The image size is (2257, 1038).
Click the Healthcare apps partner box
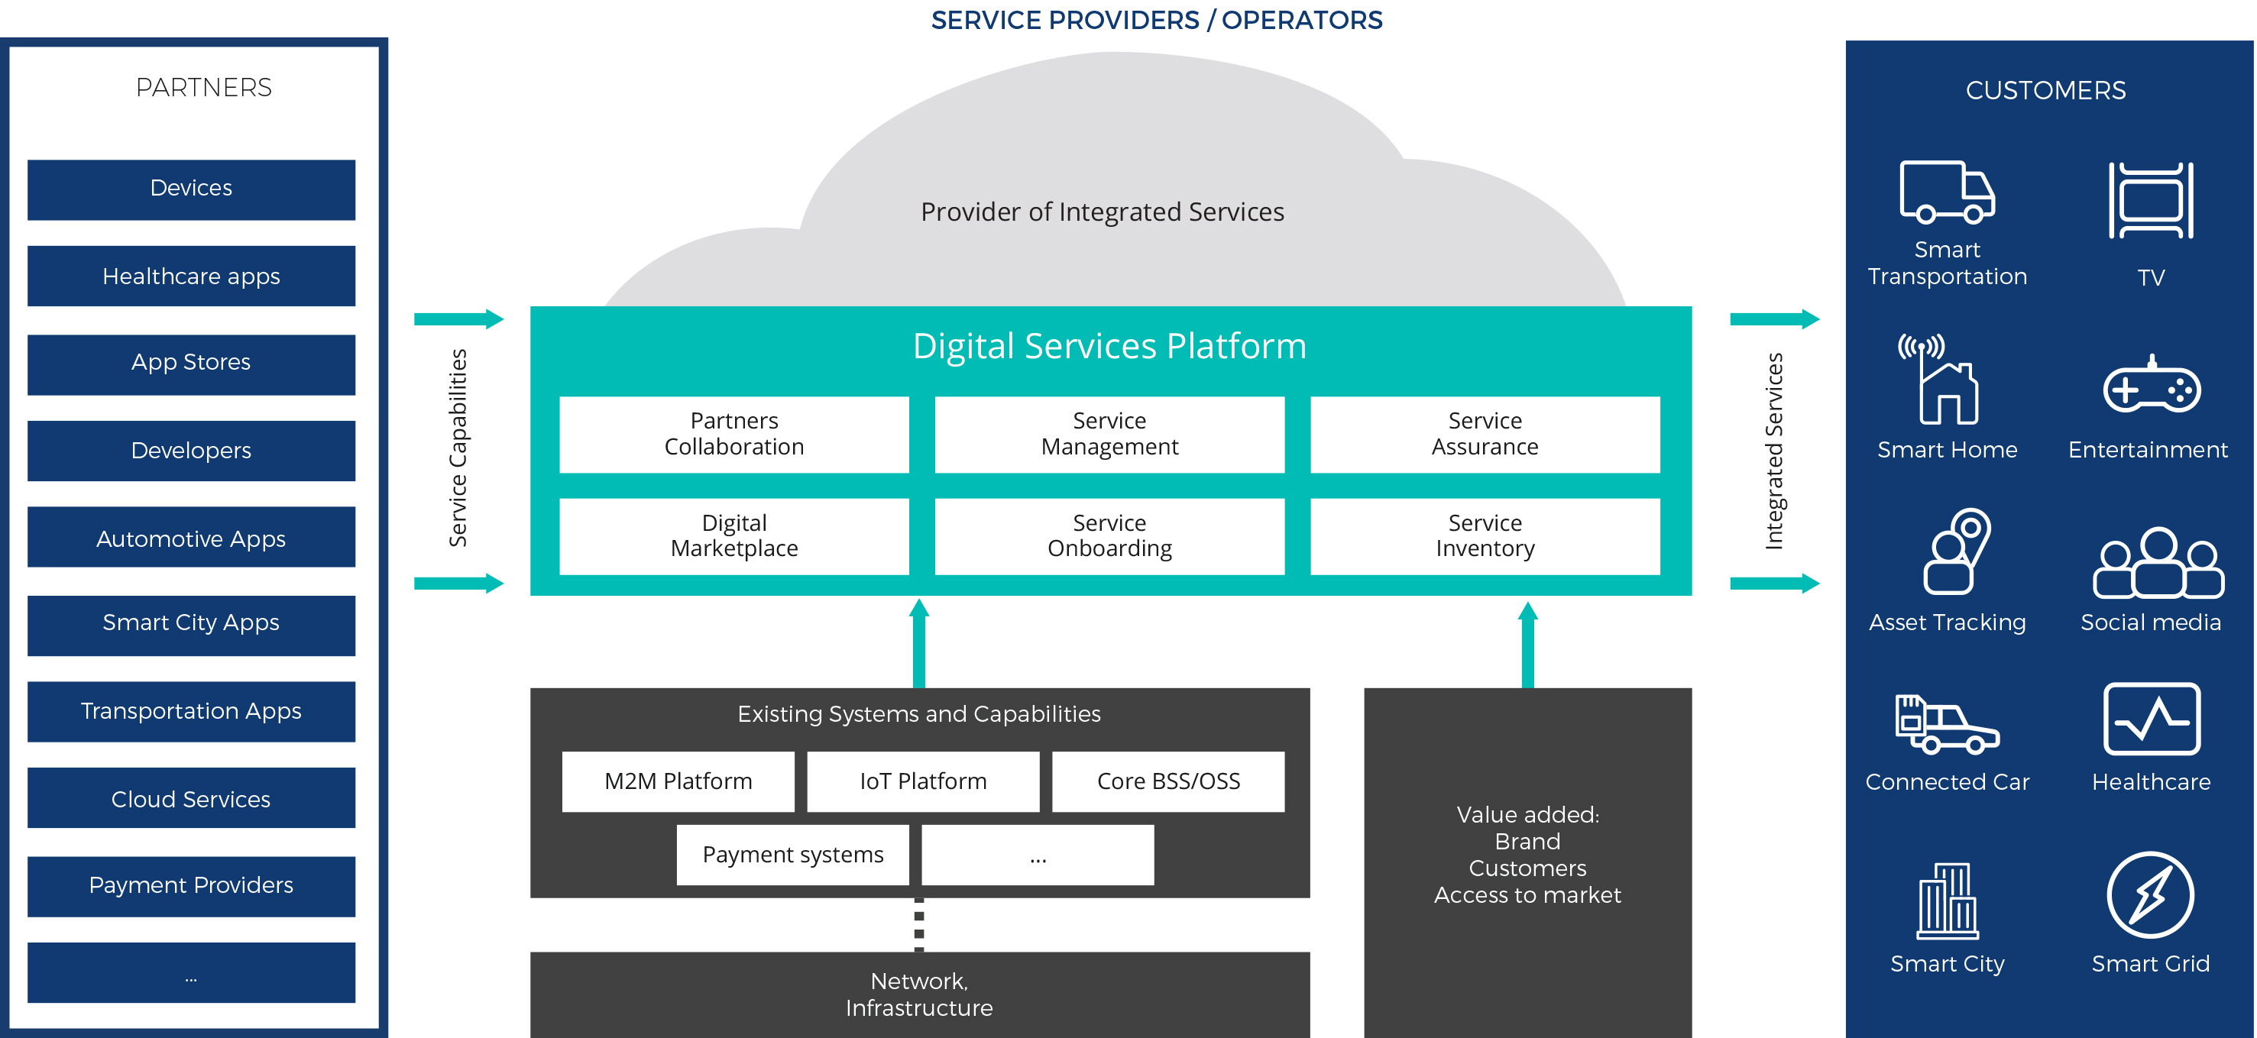coord(191,276)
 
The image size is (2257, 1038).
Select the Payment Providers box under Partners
coord(191,885)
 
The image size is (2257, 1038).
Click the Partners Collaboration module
coord(733,434)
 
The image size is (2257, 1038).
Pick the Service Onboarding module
coord(1109,535)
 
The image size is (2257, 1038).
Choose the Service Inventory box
coord(1485,535)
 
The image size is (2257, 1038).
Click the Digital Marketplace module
coord(733,535)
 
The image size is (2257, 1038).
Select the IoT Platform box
coord(923,781)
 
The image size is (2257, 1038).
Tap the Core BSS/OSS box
coord(1168,781)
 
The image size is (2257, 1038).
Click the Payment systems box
coord(792,854)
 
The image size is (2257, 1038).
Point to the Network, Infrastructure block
coord(919,994)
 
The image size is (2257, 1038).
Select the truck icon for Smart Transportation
coord(1946,191)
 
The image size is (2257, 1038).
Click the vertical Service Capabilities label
coord(458,448)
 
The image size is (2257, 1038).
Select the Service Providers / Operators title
coord(1156,19)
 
